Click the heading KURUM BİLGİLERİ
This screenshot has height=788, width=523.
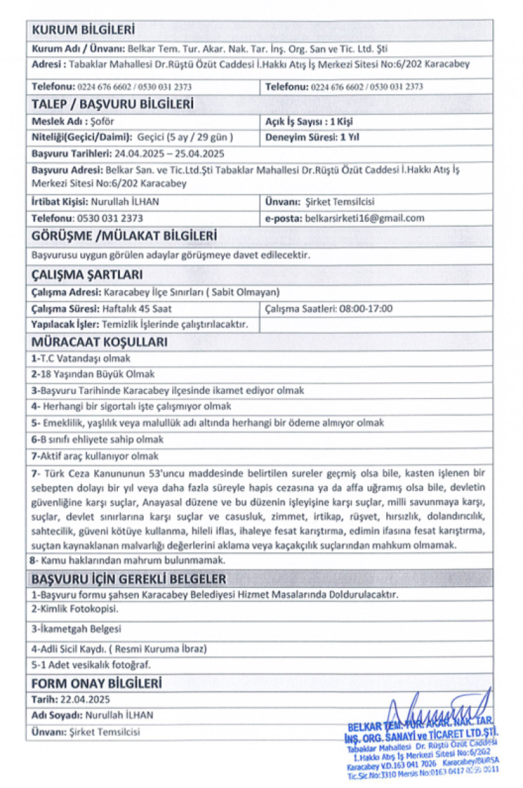[84, 31]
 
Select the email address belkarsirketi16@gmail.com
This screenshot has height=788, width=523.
[365, 218]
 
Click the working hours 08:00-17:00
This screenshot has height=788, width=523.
[365, 308]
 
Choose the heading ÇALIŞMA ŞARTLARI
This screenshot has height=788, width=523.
[88, 275]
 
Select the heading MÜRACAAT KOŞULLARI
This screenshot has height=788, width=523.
[100, 342]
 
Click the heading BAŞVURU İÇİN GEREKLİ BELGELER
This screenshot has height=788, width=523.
[128, 579]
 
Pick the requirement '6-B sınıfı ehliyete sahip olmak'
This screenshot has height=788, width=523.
[98, 440]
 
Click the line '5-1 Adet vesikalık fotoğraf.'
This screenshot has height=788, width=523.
[91, 665]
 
